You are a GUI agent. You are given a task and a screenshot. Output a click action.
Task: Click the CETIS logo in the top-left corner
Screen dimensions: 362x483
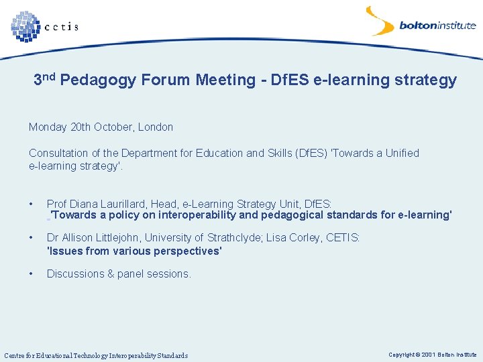tap(44, 26)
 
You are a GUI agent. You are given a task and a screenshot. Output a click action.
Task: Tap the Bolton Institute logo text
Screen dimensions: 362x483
tap(437, 26)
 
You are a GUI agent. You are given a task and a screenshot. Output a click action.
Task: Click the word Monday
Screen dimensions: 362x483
tap(48, 127)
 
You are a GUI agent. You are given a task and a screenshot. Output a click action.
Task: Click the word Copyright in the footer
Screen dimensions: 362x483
tap(401, 354)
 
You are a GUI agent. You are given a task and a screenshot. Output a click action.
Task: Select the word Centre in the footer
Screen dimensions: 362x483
tap(16, 355)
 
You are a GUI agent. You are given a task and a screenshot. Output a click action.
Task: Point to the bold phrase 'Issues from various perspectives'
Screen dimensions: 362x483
tap(134, 251)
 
